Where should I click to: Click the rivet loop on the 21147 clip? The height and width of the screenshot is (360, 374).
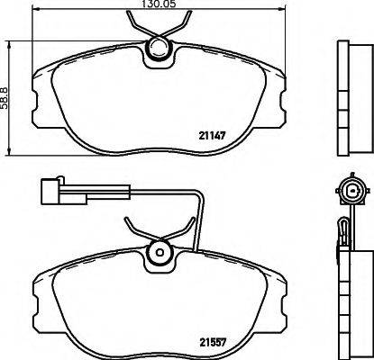click(158, 50)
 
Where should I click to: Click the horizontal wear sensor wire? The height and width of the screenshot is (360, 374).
click(126, 191)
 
